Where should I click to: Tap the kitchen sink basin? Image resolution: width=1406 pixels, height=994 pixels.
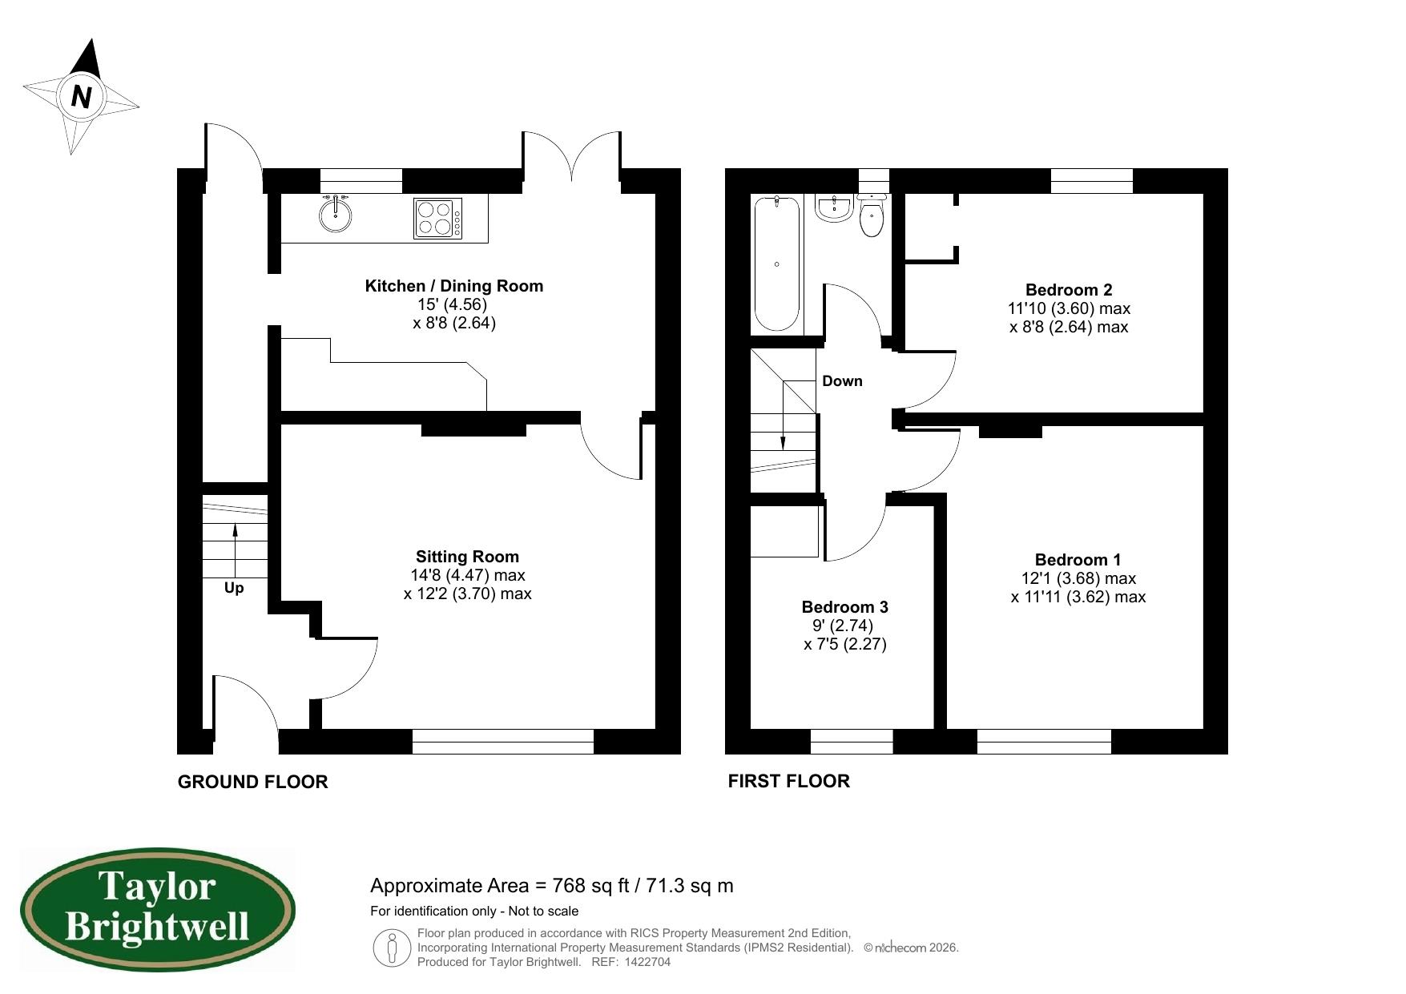pyautogui.click(x=335, y=215)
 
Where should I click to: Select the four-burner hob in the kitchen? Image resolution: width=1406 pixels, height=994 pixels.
pyautogui.click(x=437, y=218)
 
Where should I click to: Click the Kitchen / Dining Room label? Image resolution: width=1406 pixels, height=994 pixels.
pyautogui.click(x=453, y=286)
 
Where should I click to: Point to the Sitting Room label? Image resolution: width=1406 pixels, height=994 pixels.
pyautogui.click(x=467, y=557)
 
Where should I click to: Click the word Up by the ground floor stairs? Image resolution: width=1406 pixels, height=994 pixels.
pyautogui.click(x=234, y=588)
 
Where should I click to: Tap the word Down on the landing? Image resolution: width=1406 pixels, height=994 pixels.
pyautogui.click(x=842, y=381)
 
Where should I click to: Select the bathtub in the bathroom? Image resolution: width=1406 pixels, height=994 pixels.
pyautogui.click(x=776, y=264)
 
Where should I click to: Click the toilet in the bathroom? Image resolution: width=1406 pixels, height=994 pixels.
pyautogui.click(x=871, y=216)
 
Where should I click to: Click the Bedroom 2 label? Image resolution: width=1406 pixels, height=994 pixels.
pyautogui.click(x=1069, y=290)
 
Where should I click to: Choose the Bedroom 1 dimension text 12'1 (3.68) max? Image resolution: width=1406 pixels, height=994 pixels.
pyautogui.click(x=1078, y=578)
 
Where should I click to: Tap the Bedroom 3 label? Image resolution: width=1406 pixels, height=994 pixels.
pyautogui.click(x=844, y=607)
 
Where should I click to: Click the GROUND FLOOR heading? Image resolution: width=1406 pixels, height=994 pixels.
pyautogui.click(x=252, y=782)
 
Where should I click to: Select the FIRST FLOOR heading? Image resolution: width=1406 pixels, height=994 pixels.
pyautogui.click(x=788, y=781)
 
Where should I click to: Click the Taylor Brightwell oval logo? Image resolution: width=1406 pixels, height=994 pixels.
pyautogui.click(x=157, y=911)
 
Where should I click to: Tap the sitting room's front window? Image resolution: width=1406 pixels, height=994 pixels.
pyautogui.click(x=502, y=742)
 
